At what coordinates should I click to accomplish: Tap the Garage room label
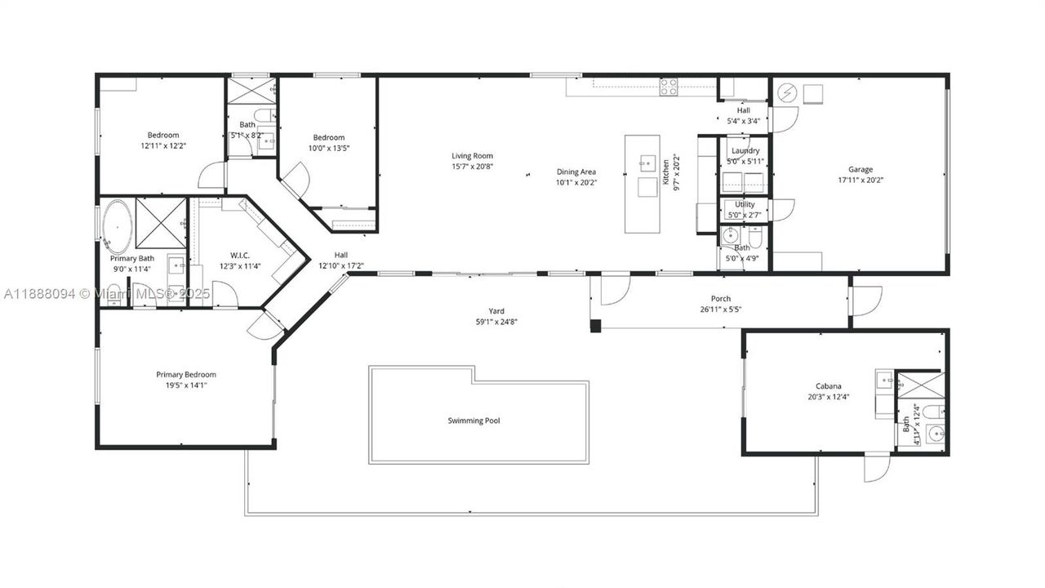tap(860, 170)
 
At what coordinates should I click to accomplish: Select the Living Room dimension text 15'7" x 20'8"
tap(473, 167)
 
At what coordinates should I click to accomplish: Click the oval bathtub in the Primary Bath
tap(117, 226)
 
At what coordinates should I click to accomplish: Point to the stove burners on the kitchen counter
tap(669, 86)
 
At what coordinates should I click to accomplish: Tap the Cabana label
tap(828, 386)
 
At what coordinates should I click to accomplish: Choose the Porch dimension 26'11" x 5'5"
tap(721, 310)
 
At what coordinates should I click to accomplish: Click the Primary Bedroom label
tap(186, 374)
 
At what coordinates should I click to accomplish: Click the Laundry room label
tap(745, 150)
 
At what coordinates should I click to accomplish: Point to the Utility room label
tap(745, 204)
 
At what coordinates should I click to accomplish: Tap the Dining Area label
tap(576, 171)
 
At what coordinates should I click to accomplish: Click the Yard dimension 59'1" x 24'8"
tap(496, 322)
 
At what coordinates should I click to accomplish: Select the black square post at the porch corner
tap(595, 325)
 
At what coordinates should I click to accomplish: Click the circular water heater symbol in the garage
tap(787, 94)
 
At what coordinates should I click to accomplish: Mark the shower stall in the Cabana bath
tap(920, 385)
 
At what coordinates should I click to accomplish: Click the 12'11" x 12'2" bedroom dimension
tap(163, 146)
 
